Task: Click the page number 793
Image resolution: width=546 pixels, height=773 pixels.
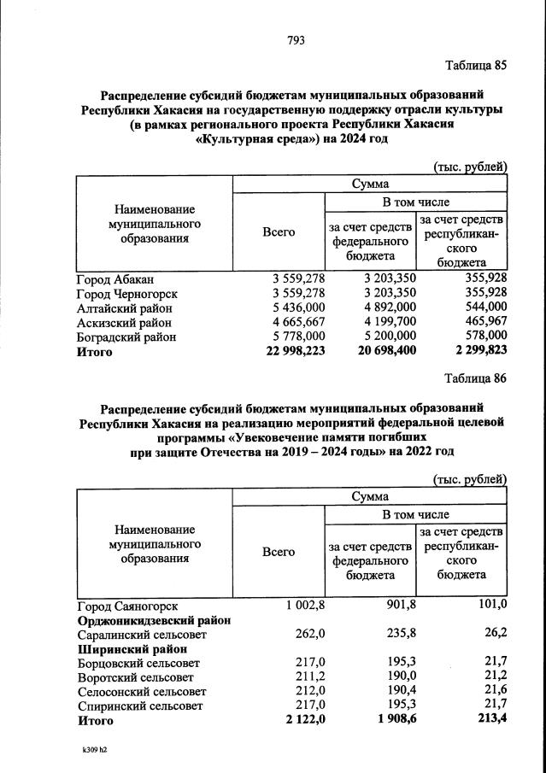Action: (x=296, y=39)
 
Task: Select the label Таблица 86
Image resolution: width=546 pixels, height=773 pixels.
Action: (x=476, y=378)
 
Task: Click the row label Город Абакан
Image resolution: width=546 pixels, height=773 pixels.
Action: (x=114, y=278)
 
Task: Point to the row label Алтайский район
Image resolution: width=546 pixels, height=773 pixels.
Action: (x=124, y=307)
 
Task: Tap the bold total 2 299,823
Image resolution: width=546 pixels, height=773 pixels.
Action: (x=477, y=351)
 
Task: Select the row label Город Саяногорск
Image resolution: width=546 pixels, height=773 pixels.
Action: (x=126, y=605)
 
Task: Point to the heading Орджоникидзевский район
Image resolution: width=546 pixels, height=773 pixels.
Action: (x=154, y=620)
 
